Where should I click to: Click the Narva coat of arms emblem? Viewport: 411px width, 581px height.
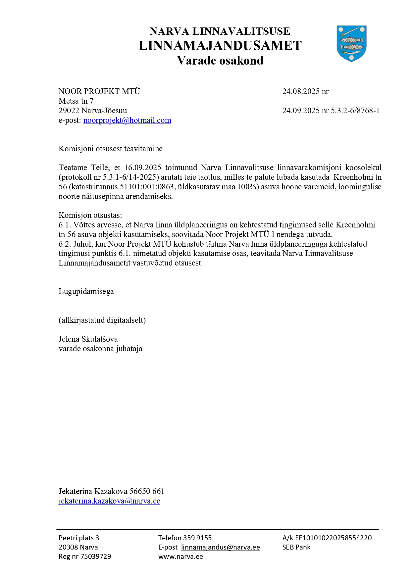pyautogui.click(x=351, y=43)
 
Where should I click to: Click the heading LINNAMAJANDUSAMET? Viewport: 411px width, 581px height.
pyautogui.click(x=220, y=46)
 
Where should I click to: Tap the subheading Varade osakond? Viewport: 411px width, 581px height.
pyautogui.click(x=220, y=61)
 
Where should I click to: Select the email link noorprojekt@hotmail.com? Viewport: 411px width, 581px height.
pyautogui.click(x=127, y=120)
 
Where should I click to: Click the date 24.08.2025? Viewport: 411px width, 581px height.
pyautogui.click(x=301, y=91)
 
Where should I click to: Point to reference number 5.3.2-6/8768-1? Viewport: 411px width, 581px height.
pyautogui.click(x=355, y=111)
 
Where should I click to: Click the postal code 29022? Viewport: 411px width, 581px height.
pyautogui.click(x=69, y=111)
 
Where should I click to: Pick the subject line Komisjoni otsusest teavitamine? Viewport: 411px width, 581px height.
pyautogui.click(x=110, y=149)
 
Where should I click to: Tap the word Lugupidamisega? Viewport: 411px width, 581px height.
pyautogui.click(x=86, y=291)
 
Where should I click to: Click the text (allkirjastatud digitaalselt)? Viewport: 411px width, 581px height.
pyautogui.click(x=102, y=320)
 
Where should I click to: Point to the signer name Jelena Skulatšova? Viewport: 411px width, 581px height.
pyautogui.click(x=88, y=339)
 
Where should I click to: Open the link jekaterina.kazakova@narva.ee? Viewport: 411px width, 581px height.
pyautogui.click(x=109, y=501)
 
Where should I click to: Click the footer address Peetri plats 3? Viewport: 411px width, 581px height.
pyautogui.click(x=79, y=538)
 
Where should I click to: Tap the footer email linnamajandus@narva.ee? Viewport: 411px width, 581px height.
pyautogui.click(x=220, y=547)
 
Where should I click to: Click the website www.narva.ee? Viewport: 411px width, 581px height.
pyautogui.click(x=180, y=557)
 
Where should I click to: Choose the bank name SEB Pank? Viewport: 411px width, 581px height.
pyautogui.click(x=296, y=547)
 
